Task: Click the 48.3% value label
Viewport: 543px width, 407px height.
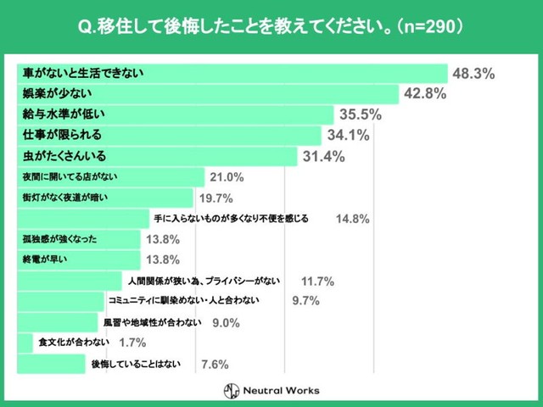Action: [x=473, y=74]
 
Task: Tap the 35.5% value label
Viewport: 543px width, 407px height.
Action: [x=360, y=114]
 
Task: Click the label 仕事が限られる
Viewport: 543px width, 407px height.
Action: [x=62, y=135]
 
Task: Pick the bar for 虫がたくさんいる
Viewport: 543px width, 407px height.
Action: [x=212, y=156]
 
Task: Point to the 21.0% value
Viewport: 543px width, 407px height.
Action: [x=227, y=177]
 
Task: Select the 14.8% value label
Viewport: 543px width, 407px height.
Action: [x=352, y=219]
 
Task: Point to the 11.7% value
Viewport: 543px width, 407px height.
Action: [x=317, y=282]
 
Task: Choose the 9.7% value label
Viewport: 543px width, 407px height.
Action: [x=305, y=301]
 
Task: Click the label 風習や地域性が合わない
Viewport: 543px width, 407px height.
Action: [x=152, y=322]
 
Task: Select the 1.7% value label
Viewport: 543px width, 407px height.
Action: [x=133, y=343]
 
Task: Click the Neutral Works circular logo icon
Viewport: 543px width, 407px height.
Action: [x=232, y=390]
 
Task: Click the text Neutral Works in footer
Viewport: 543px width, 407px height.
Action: [x=283, y=390]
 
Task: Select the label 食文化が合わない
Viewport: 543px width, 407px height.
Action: [x=72, y=343]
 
